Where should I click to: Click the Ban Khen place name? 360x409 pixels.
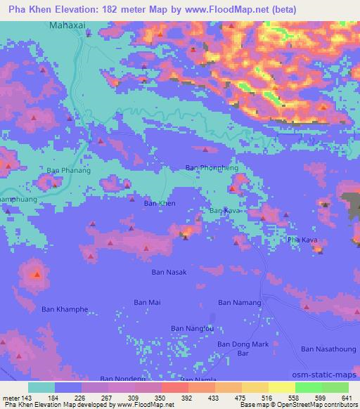point(160,203)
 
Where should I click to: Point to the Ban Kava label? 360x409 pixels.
point(226,210)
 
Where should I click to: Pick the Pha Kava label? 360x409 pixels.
point(303,240)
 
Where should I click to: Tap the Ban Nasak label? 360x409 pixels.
point(169,271)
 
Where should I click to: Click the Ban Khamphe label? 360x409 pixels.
point(65,309)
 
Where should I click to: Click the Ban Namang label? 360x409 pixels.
point(240,303)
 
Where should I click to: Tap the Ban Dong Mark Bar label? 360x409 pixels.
point(243,348)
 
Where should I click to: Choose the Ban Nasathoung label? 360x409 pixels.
point(329,349)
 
